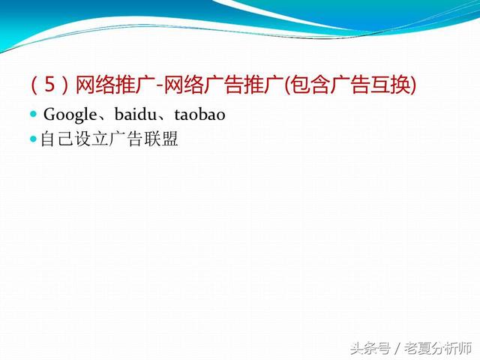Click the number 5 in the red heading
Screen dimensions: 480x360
tap(50, 84)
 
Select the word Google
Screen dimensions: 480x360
tap(70, 115)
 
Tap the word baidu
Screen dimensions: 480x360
tap(135, 114)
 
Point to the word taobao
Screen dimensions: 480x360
tap(200, 114)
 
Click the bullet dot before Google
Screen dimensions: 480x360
tap(33, 115)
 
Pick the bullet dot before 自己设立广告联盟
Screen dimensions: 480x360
tap(33, 139)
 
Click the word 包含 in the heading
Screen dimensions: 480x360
tap(310, 84)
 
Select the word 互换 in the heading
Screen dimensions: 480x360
tap(390, 84)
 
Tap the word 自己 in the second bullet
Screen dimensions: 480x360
tap(57, 139)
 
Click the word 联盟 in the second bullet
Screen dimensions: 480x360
tap(161, 139)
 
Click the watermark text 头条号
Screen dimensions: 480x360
tap(370, 348)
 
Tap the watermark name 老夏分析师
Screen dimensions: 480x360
tap(438, 348)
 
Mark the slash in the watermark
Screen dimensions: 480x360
tap(397, 348)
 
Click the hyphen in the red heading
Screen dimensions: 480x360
tap(160, 85)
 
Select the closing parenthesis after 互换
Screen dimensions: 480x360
tap(413, 85)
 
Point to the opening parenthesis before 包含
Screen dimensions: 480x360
tap(286, 85)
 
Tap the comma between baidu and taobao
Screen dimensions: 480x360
tap(161, 118)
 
